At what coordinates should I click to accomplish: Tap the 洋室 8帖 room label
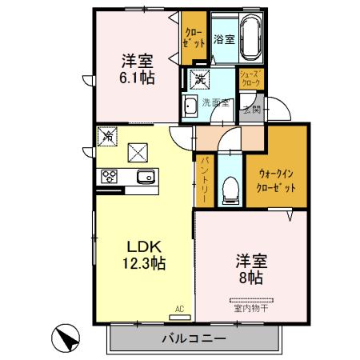coord(250,270)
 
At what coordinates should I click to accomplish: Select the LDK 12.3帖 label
coord(143,254)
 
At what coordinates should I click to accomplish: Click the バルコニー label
coord(194,339)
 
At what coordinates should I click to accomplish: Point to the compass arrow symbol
coord(67,338)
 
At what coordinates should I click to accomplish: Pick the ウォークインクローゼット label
coord(276,179)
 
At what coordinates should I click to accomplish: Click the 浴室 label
coord(223,39)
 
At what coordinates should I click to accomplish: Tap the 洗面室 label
coord(215,102)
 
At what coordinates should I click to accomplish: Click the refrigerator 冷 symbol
coord(104,137)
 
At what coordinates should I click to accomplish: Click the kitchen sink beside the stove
coord(144,177)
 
